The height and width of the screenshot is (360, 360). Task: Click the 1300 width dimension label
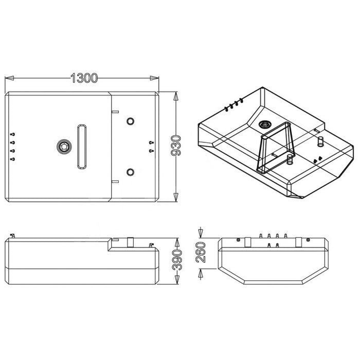pos(84,78)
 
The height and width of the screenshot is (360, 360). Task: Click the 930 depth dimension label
pos(176,146)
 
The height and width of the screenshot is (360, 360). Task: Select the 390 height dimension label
pos(177,260)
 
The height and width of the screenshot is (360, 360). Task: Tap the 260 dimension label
pos(201,253)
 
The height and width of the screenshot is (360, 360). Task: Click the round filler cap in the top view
pos(64,147)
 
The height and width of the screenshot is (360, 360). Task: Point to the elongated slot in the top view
pos(82,147)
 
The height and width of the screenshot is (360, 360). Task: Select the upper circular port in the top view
pos(131,121)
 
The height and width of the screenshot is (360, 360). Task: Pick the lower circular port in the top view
pos(131,172)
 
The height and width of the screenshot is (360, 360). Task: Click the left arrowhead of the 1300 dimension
pos(9,78)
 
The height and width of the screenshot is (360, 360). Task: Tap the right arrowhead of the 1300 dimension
pos(154,78)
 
